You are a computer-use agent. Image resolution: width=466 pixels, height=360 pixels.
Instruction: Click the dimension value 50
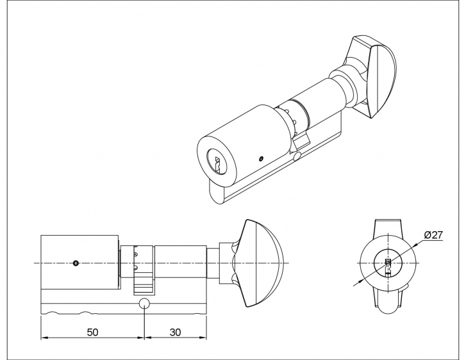(x=92, y=332)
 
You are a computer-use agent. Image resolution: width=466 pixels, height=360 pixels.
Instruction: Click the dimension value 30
(x=175, y=332)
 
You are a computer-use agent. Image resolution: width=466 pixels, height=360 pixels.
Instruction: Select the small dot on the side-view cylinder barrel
(x=76, y=263)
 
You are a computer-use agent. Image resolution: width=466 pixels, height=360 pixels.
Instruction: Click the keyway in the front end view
(x=388, y=266)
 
